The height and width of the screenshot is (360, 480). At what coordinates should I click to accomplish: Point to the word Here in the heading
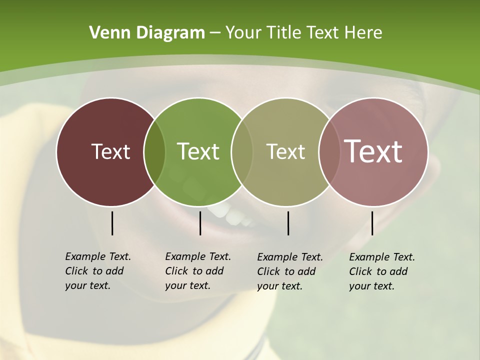pyautogui.click(x=363, y=33)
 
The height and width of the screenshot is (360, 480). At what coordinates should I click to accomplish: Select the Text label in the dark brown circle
pyautogui.click(x=110, y=151)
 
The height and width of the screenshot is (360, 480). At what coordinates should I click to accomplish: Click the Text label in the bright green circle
pyautogui.click(x=198, y=151)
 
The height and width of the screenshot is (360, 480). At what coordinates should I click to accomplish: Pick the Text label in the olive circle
pyautogui.click(x=285, y=151)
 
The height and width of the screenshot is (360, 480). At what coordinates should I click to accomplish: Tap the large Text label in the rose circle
pyautogui.click(x=373, y=151)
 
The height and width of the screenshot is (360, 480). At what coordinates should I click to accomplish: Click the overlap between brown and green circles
pyautogui.click(x=154, y=152)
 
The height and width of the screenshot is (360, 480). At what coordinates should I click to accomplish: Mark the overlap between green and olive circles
pyautogui.click(x=242, y=152)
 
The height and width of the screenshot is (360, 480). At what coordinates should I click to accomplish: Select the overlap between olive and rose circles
pyautogui.click(x=329, y=152)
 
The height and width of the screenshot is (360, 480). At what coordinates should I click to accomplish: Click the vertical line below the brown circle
pyautogui.click(x=112, y=223)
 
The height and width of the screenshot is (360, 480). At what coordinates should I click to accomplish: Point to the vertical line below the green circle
pyautogui.click(x=200, y=223)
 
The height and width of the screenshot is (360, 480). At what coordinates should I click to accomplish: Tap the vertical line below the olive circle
pyautogui.click(x=288, y=223)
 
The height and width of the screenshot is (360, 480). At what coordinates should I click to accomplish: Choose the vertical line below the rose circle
pyautogui.click(x=372, y=223)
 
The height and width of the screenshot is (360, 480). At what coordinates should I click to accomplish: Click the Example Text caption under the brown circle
pyautogui.click(x=97, y=271)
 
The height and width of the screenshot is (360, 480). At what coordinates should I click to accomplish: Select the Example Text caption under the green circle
pyautogui.click(x=197, y=271)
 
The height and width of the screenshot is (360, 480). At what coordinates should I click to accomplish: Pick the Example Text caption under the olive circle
pyautogui.click(x=289, y=271)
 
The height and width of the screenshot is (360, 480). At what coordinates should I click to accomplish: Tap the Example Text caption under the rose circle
pyautogui.click(x=381, y=271)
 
